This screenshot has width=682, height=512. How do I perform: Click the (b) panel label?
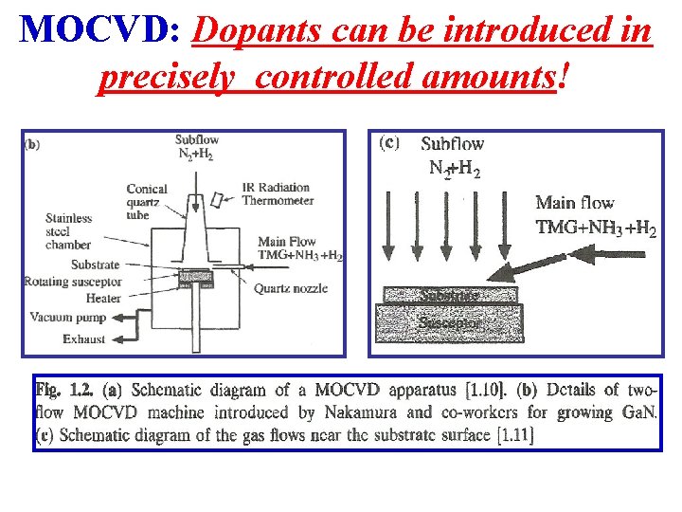[31, 145]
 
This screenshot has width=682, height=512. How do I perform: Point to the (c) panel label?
[388, 143]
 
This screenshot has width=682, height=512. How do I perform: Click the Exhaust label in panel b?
[84, 338]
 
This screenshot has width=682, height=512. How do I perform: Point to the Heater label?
[103, 298]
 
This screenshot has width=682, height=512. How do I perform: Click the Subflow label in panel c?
[452, 144]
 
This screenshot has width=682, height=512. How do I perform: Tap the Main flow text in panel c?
[574, 202]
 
